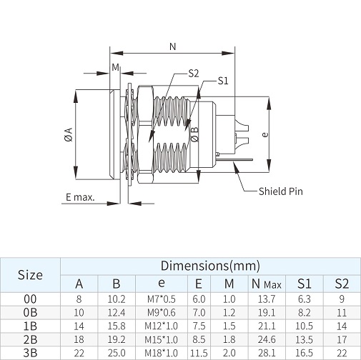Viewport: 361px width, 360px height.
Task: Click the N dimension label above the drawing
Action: pyautogui.click(x=173, y=46)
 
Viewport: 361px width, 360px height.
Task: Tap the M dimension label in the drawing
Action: pyautogui.click(x=115, y=67)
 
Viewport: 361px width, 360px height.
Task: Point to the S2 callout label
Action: pyautogui.click(x=194, y=74)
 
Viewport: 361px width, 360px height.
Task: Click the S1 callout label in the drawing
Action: pyautogui.click(x=223, y=81)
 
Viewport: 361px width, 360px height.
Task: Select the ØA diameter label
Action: pyautogui.click(x=69, y=135)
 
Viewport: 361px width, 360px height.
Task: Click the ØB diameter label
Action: pyautogui.click(x=194, y=134)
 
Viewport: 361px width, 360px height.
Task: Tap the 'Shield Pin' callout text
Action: pyautogui.click(x=281, y=191)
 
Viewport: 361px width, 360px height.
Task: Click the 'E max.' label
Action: pyautogui.click(x=80, y=197)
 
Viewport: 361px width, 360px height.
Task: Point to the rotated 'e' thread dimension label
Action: pyautogui.click(x=264, y=135)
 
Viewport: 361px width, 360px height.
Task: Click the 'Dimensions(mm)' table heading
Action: pyautogui.click(x=210, y=266)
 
